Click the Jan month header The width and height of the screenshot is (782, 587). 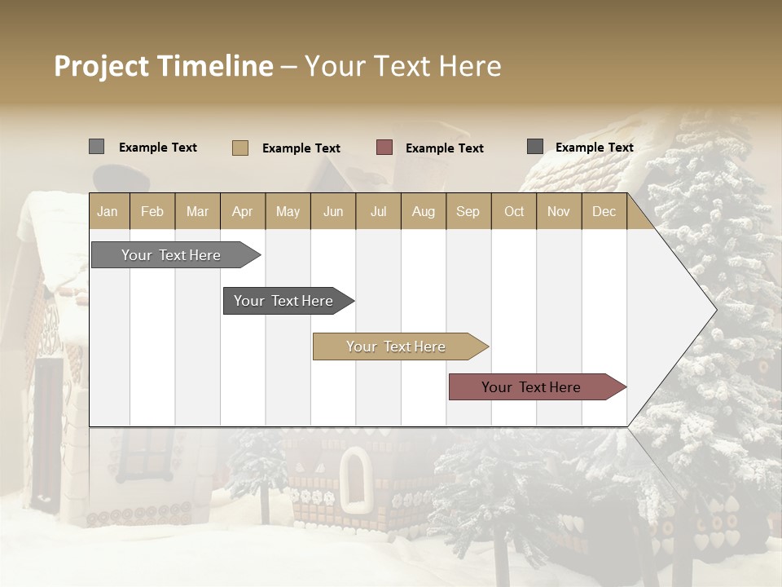108,212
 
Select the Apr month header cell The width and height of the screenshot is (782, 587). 242,212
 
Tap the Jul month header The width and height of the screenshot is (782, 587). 378,212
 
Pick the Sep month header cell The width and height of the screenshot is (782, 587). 468,212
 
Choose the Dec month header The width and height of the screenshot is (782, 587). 604,212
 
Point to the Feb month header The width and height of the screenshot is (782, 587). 152,212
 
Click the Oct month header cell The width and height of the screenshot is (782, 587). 514,212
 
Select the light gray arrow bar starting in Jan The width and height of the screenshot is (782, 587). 171,255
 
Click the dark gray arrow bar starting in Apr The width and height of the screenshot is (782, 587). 283,301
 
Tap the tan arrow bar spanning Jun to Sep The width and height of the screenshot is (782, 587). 396,346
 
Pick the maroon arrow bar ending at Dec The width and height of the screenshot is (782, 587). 531,387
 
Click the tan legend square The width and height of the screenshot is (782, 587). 240,148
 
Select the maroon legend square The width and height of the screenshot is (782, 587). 384,148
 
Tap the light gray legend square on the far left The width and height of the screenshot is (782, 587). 97,147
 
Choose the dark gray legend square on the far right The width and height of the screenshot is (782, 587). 535,147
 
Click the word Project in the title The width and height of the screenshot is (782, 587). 103,66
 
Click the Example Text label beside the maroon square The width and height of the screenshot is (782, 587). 444,148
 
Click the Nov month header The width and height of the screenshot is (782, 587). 559,212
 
